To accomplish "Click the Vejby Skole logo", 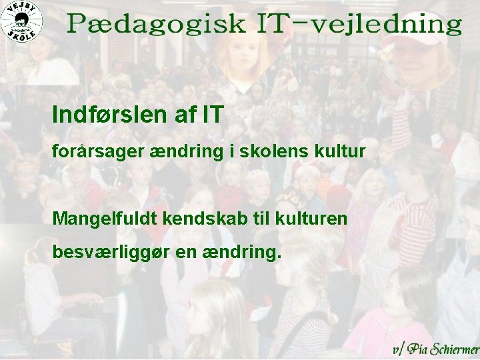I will pyautogui.click(x=22, y=21).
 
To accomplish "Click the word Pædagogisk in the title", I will pyautogui.click(x=156, y=26).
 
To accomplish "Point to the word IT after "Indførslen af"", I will pyautogui.click(x=211, y=115).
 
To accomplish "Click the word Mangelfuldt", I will pyautogui.click(x=102, y=219).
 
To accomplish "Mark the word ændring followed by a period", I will pyautogui.click(x=247, y=253).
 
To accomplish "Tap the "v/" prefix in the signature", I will pyautogui.click(x=398, y=349).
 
